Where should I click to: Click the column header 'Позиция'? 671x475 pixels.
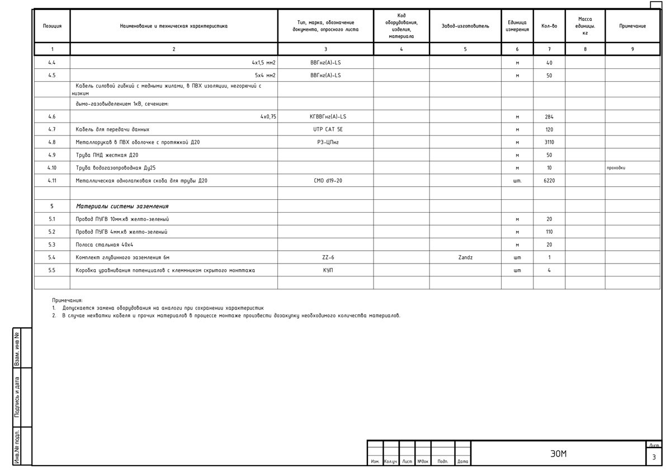(x=53, y=26)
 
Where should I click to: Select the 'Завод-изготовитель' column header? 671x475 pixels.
(x=465, y=26)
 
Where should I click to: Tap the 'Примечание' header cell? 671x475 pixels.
(x=632, y=26)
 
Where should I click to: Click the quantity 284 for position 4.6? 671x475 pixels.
(x=549, y=117)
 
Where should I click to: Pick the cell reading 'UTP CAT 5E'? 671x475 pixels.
(x=328, y=129)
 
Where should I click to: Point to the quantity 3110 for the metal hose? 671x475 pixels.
(x=549, y=142)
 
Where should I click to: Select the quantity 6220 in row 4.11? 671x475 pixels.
(x=549, y=181)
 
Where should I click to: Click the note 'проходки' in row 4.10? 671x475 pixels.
(x=616, y=168)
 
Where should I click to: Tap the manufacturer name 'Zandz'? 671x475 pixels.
(x=465, y=257)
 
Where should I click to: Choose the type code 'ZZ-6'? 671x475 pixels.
(x=328, y=257)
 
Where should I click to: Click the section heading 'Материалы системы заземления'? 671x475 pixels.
(x=122, y=206)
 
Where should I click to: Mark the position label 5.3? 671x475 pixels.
(x=52, y=244)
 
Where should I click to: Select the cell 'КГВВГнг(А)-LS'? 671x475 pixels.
(x=328, y=117)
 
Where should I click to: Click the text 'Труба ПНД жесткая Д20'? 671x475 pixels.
(x=107, y=155)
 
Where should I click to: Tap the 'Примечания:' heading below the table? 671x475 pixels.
(x=67, y=300)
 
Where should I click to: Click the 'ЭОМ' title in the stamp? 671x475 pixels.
(x=558, y=454)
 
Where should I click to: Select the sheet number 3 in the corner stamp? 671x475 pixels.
(x=654, y=458)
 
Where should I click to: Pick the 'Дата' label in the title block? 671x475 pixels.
(x=462, y=462)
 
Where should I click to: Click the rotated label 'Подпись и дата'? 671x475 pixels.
(x=17, y=397)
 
